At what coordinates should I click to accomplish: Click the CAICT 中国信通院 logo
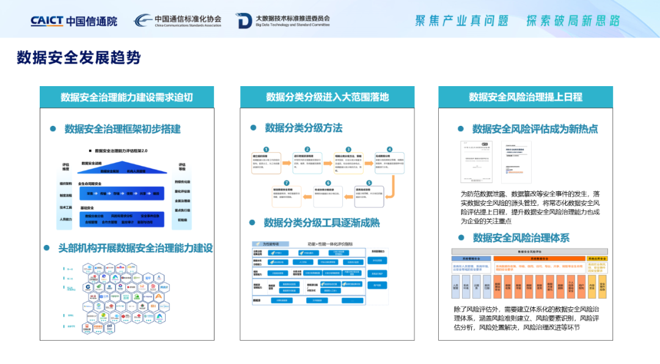click(x=73, y=21)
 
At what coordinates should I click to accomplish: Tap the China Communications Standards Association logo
click(x=178, y=21)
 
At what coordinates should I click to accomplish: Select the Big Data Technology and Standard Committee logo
click(x=284, y=21)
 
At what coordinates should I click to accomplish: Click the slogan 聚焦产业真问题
click(x=461, y=21)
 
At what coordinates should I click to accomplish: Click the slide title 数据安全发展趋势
click(x=79, y=57)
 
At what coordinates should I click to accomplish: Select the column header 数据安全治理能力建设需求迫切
click(x=127, y=97)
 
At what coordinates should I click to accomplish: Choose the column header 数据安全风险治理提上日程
click(x=526, y=97)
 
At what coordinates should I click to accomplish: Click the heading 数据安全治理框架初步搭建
click(x=122, y=129)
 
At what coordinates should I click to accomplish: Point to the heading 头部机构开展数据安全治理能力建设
click(x=135, y=248)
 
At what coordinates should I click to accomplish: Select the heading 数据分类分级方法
click(x=303, y=128)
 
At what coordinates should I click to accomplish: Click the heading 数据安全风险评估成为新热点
click(x=535, y=129)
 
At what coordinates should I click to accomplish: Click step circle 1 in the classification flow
click(x=266, y=149)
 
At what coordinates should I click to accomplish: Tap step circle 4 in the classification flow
click(x=389, y=149)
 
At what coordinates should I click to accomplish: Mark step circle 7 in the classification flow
click(x=287, y=183)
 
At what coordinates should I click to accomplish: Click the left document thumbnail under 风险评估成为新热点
click(x=477, y=162)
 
